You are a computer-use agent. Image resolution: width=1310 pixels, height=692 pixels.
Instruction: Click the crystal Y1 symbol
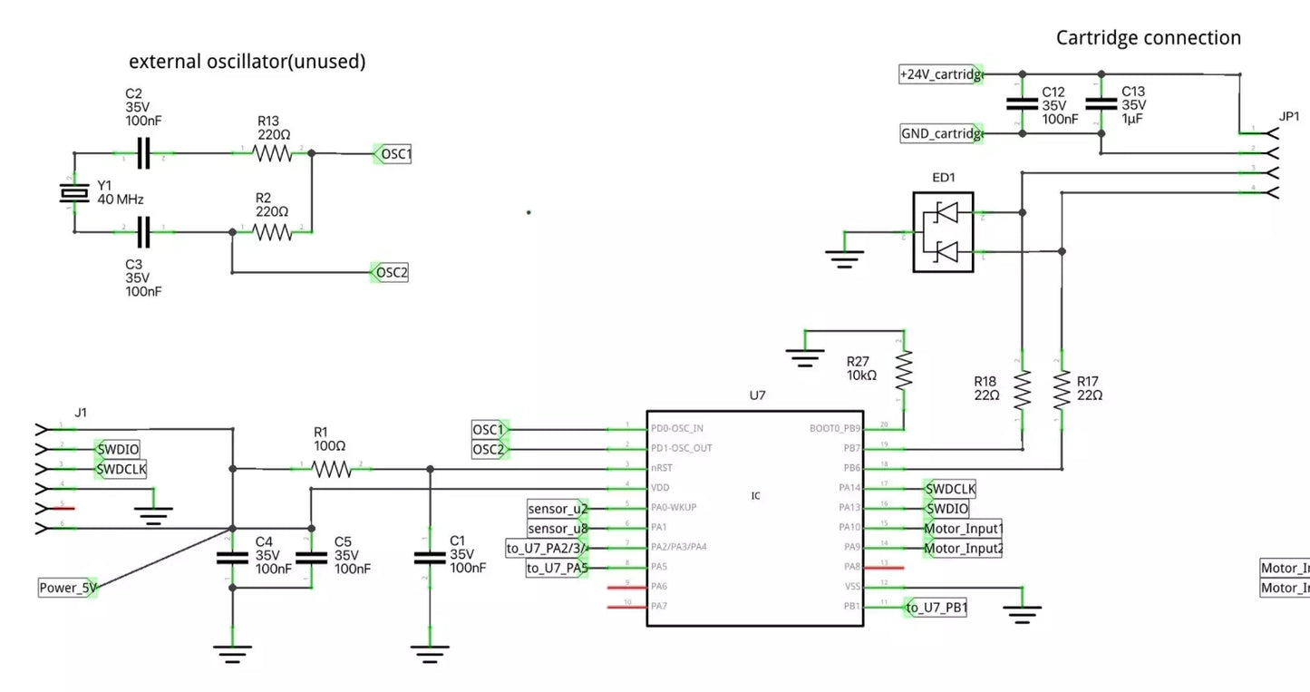click(x=73, y=193)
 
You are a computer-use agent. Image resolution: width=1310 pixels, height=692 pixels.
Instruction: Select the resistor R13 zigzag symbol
click(x=273, y=154)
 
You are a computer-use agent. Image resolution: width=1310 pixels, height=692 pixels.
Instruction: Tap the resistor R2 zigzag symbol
click(x=273, y=232)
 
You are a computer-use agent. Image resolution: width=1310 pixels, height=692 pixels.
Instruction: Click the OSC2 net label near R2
click(x=392, y=272)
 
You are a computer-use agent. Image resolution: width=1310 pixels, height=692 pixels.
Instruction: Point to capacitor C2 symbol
click(x=142, y=154)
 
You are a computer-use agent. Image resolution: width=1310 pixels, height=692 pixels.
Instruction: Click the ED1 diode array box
click(x=943, y=231)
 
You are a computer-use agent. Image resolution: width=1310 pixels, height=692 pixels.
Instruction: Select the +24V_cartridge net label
click(x=941, y=75)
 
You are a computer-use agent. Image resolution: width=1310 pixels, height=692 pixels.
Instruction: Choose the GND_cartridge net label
click(x=941, y=134)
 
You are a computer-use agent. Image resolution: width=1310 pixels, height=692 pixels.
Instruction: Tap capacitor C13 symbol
click(x=1101, y=103)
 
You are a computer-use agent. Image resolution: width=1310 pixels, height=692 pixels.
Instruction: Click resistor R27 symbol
click(x=903, y=370)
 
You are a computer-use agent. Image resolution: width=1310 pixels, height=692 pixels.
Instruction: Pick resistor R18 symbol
click(x=1023, y=389)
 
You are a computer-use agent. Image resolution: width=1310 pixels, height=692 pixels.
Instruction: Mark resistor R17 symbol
click(x=1062, y=389)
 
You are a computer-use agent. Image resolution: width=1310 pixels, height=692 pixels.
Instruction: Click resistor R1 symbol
click(x=332, y=469)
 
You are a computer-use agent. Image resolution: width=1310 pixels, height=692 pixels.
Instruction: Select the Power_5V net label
click(x=68, y=588)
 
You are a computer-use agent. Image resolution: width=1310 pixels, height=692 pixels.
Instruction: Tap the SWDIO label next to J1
click(x=119, y=448)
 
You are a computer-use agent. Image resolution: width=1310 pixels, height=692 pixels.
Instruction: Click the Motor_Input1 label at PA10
click(x=963, y=529)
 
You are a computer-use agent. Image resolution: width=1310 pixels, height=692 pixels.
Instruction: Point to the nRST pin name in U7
click(x=662, y=468)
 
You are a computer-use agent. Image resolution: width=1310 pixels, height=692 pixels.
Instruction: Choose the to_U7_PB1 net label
click(x=937, y=608)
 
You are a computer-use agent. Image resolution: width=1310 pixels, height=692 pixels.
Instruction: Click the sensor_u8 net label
click(x=558, y=528)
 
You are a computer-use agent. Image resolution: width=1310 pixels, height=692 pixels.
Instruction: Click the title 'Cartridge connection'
click(x=1148, y=38)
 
